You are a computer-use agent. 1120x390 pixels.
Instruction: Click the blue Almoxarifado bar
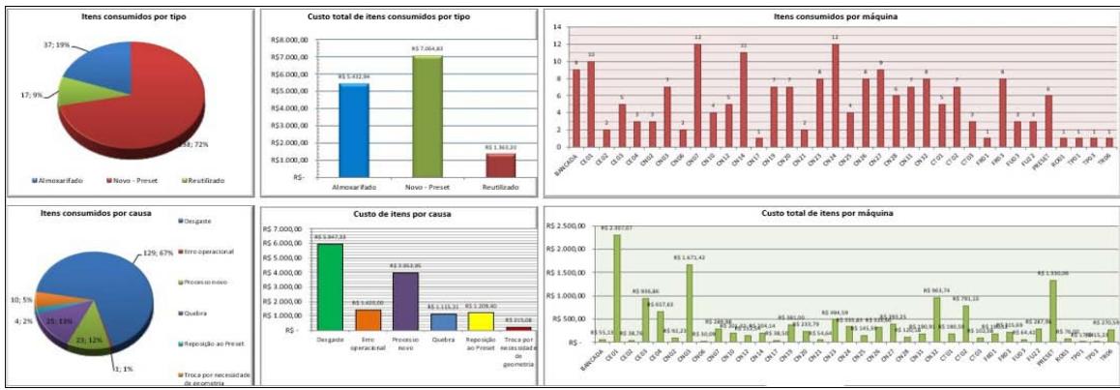click(x=354, y=130)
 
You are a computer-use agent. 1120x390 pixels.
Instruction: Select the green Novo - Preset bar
click(x=427, y=116)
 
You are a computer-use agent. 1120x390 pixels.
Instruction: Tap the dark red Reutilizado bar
click(x=500, y=165)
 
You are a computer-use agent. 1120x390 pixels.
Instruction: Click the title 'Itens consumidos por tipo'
click(x=130, y=16)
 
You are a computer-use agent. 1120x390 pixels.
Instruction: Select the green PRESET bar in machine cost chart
click(x=1053, y=311)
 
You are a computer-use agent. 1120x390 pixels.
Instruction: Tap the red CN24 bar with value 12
click(x=836, y=95)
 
